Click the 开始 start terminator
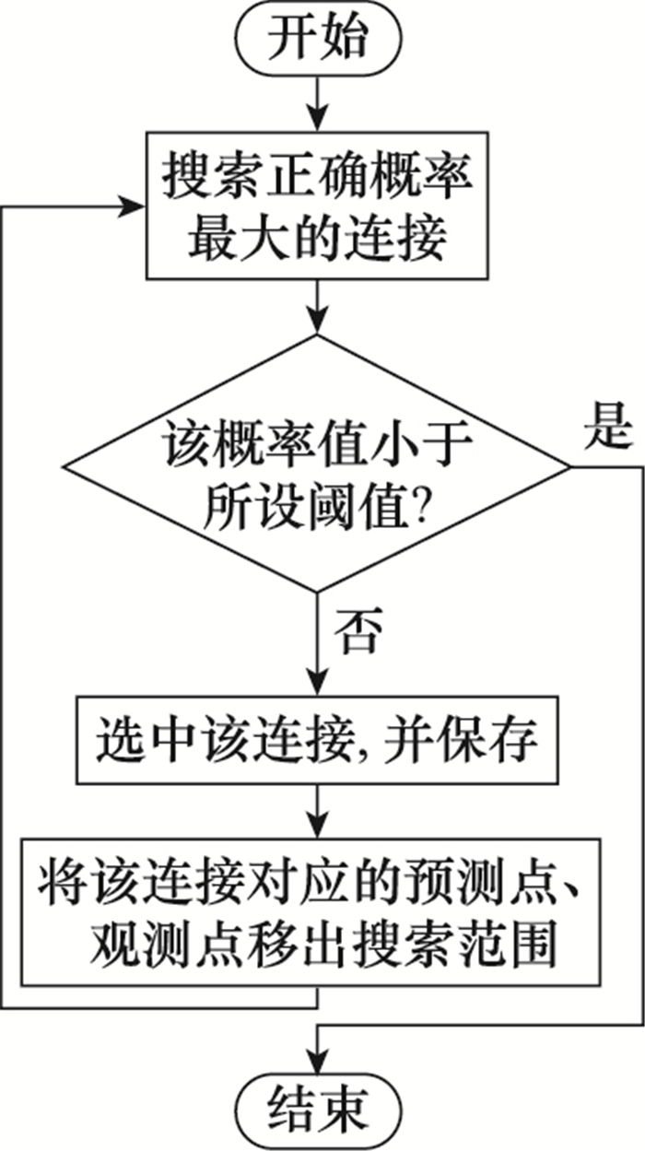[x=319, y=39]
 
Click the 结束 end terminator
[x=319, y=1110]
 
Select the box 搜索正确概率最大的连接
[x=317, y=206]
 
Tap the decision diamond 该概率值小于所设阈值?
[x=317, y=464]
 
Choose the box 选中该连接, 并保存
[x=318, y=740]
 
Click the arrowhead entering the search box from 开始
[x=318, y=119]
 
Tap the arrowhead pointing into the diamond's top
[x=318, y=321]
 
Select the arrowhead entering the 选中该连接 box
[x=318, y=682]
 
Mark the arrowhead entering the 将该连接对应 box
[x=318, y=825]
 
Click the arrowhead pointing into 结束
[x=318, y=1060]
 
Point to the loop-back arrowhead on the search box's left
[x=133, y=207]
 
